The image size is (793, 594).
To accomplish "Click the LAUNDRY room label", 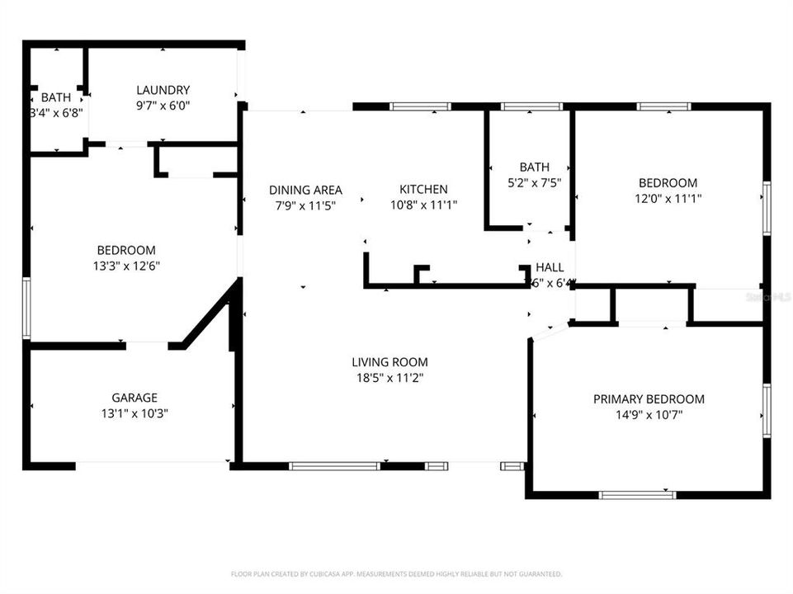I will [163, 90].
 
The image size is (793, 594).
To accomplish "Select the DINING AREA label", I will [305, 189].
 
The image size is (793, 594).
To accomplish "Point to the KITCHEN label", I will [424, 189].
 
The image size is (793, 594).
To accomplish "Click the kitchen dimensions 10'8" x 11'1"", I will [424, 204].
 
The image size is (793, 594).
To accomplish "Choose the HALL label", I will [550, 267].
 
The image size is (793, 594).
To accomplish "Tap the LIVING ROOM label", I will [389, 361].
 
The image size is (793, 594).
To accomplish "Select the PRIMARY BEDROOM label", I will [649, 399].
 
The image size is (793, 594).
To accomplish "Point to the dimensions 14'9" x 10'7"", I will [649, 415].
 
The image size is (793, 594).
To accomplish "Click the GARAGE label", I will [135, 398].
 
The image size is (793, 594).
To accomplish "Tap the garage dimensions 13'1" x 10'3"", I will [135, 413].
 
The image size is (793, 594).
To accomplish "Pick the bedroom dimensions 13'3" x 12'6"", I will [126, 266].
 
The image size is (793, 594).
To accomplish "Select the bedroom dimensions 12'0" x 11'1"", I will [668, 198].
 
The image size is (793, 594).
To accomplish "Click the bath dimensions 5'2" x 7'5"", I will [534, 182].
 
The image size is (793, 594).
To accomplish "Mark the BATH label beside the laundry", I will [56, 97].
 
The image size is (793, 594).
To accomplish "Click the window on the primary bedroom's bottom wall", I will [637, 495].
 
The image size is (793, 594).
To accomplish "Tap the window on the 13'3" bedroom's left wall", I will [26, 308].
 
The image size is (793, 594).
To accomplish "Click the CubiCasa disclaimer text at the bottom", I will [396, 573].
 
